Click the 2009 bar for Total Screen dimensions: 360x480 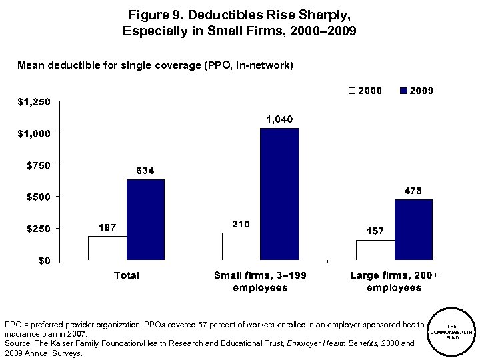[145, 219]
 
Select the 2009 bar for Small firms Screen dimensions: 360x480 [279, 193]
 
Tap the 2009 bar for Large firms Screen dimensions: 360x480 [413, 229]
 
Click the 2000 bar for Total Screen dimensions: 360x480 [108, 247]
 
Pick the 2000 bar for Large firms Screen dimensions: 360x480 [375, 250]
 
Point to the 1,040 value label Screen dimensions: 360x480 [279, 119]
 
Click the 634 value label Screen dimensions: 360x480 [145, 171]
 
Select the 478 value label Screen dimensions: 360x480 [414, 191]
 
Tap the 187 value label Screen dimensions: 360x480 [107, 227]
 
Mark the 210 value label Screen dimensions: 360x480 [240, 224]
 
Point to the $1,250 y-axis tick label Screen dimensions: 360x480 [33, 102]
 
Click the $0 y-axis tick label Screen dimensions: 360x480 [43, 260]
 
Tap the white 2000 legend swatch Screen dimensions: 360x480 [352, 91]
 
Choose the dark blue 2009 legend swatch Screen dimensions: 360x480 [403, 91]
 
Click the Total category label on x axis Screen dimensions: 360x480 [127, 275]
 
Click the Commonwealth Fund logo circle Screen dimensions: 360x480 [451, 332]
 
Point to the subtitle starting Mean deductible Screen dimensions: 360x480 [155, 65]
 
